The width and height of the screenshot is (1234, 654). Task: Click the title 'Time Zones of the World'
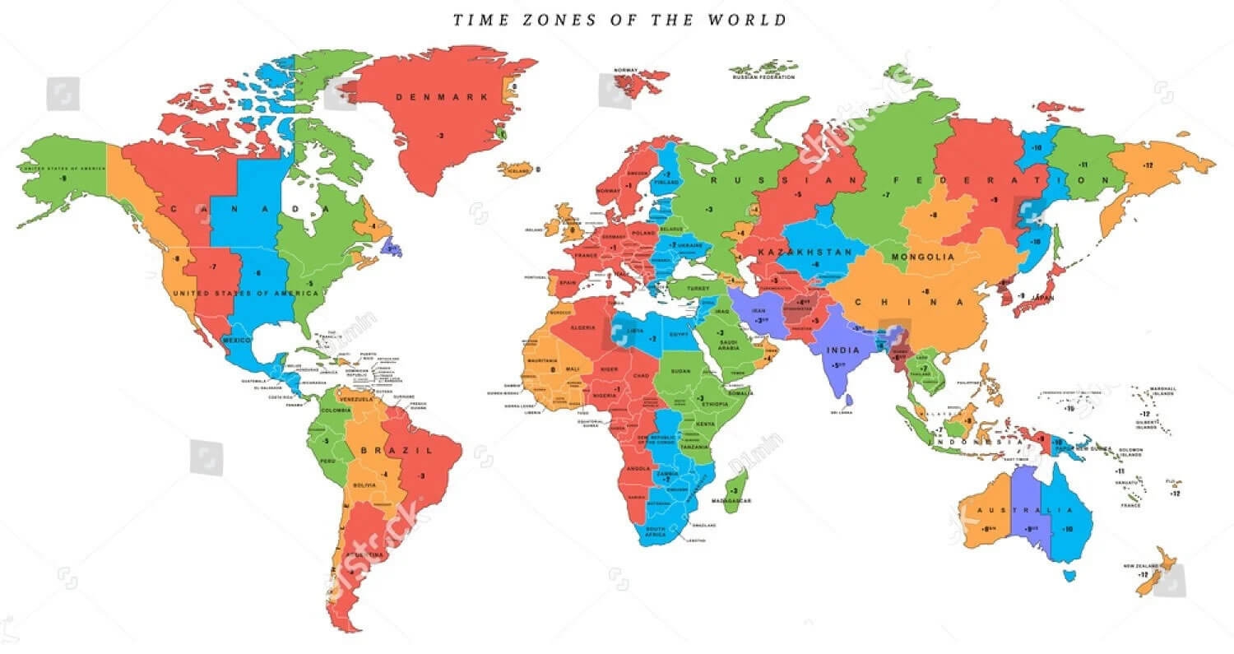tap(620, 19)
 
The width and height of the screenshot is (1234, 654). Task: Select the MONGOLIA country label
tap(922, 257)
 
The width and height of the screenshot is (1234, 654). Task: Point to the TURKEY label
tap(698, 289)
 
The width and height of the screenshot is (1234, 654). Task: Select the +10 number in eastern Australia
tap(1068, 529)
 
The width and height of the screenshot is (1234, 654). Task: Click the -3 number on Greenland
tap(441, 135)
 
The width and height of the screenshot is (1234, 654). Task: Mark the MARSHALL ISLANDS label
tap(1163, 391)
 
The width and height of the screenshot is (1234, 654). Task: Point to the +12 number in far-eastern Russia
tap(1148, 165)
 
